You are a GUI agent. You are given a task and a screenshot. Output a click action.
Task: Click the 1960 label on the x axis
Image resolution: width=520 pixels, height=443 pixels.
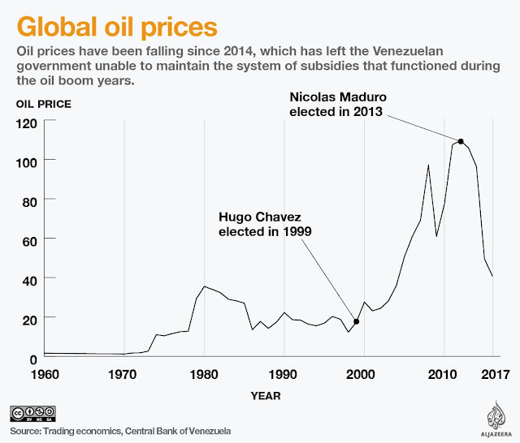[x=45, y=375]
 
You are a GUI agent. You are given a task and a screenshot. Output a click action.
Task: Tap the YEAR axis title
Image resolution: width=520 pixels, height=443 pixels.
[x=266, y=396]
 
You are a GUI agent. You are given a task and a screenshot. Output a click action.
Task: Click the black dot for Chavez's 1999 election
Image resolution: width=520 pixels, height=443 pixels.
[x=356, y=321]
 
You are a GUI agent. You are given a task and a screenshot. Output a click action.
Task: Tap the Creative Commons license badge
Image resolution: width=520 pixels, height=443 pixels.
[x=39, y=412]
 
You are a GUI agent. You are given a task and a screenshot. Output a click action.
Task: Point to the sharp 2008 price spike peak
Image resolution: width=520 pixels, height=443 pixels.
[x=428, y=166]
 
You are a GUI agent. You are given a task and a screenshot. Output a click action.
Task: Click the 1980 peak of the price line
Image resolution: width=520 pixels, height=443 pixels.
[x=204, y=286]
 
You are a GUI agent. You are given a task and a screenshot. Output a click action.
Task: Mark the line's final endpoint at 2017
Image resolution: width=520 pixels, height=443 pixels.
[x=492, y=276]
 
